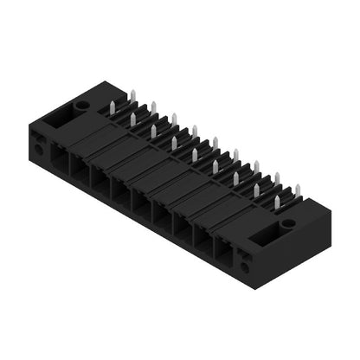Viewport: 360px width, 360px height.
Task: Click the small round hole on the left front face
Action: click(x=39, y=149)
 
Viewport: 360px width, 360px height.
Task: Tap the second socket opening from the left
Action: click(x=80, y=172)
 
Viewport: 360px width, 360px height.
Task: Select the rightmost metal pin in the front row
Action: click(x=277, y=202)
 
